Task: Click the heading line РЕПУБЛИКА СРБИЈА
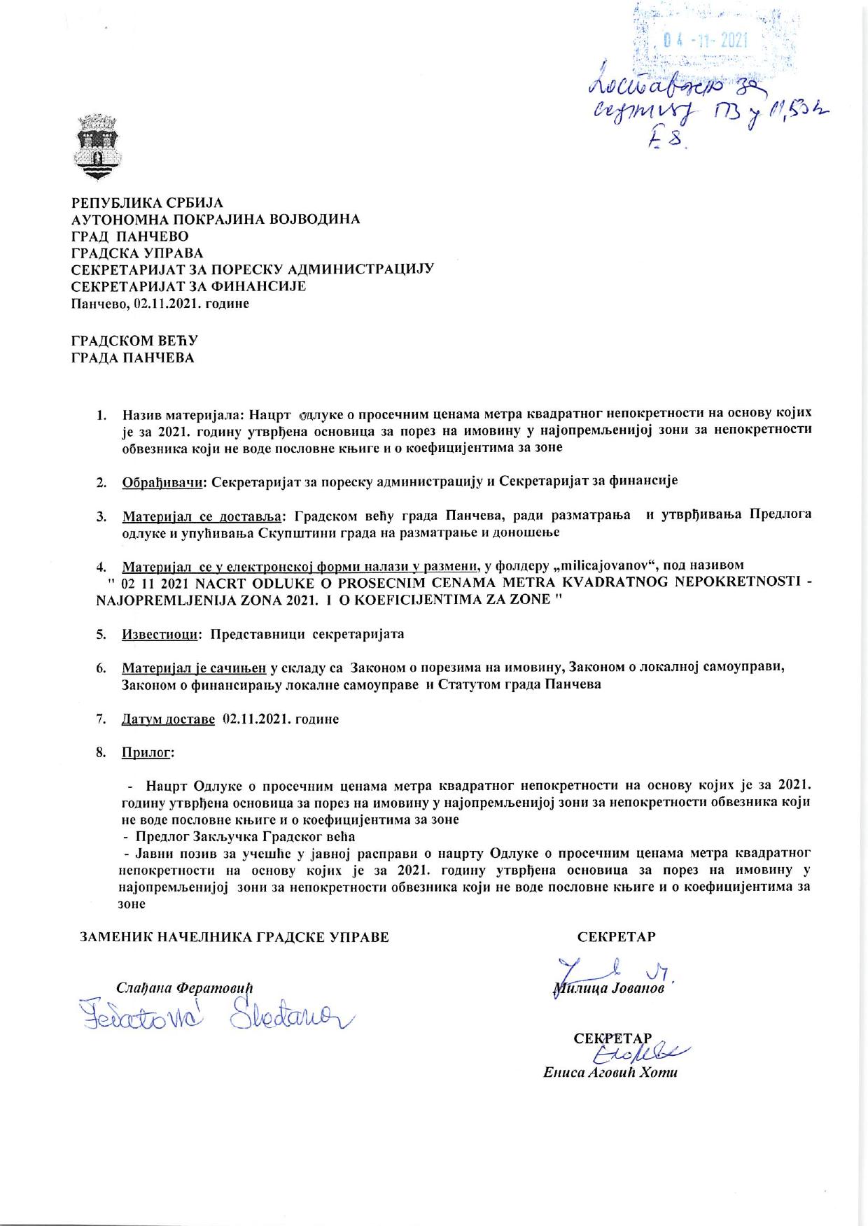[148, 203]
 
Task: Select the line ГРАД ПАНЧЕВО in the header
[129, 237]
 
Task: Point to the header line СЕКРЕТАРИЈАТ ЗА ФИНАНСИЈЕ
[189, 287]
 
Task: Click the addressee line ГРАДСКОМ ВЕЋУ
[136, 341]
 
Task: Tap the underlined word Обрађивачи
[163, 481]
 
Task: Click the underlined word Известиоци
[160, 635]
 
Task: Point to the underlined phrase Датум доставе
[168, 719]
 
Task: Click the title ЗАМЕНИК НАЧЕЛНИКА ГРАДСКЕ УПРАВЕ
[235, 937]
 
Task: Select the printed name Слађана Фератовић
[184, 988]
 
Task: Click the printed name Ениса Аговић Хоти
[610, 1073]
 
